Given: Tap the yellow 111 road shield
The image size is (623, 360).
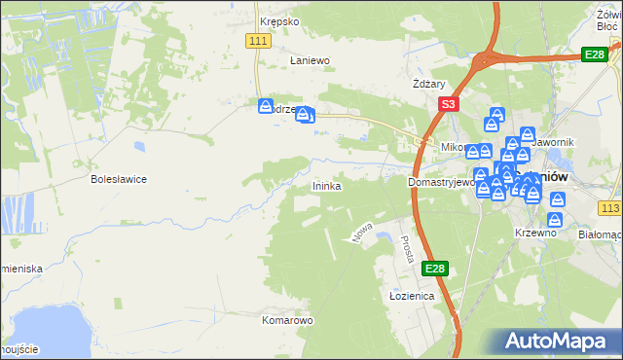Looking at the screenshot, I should pyautogui.click(x=258, y=39).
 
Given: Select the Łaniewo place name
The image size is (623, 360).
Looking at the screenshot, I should pyautogui.click(x=311, y=60).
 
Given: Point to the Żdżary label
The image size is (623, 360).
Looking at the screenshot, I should pyautogui.click(x=428, y=85).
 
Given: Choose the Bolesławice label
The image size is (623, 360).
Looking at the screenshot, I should pyautogui.click(x=118, y=179).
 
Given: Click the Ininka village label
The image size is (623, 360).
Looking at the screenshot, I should pyautogui.click(x=326, y=185).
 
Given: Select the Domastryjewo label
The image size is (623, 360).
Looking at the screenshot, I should pyautogui.click(x=441, y=182).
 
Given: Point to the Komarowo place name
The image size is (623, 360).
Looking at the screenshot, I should pyautogui.click(x=286, y=319).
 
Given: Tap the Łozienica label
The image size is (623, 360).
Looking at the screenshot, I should pyautogui.click(x=411, y=296).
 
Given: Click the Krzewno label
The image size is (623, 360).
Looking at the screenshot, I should pyautogui.click(x=534, y=234).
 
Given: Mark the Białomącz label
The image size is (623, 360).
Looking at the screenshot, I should pyautogui.click(x=600, y=234).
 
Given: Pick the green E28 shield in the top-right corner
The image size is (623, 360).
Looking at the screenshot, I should pyautogui.click(x=595, y=55).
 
